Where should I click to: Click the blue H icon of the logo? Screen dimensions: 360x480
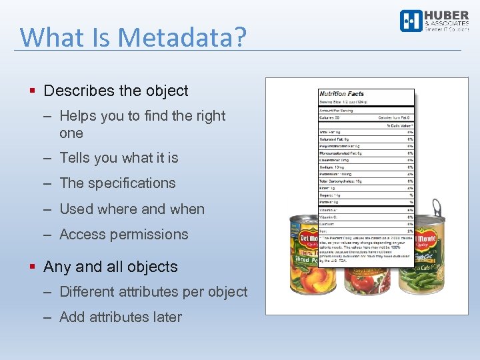tap(410, 21)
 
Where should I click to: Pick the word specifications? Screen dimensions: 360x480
tap(132, 183)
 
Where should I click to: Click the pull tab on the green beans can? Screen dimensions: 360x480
tap(437, 209)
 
